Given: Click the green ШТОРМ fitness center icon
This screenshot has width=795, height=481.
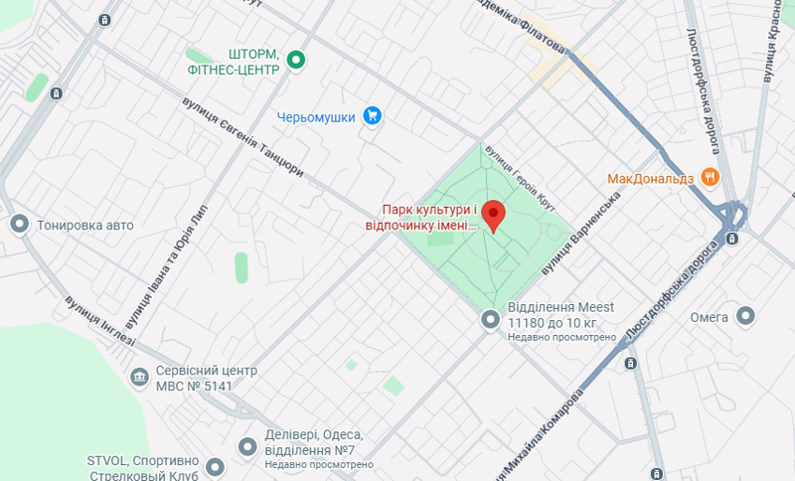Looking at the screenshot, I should coord(295,62).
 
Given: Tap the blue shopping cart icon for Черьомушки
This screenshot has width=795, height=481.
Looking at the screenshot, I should coord(373,116).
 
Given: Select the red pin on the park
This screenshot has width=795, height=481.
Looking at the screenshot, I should coord(493,215).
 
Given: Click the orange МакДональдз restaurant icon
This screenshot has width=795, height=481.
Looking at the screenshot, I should coord(710,178).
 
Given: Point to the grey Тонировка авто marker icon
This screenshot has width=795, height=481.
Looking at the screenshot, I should coord(18,225).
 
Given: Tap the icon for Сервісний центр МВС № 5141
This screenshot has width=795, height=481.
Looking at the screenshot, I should coord(139,378).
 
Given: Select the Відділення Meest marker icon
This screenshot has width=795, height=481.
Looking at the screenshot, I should coord(489,319).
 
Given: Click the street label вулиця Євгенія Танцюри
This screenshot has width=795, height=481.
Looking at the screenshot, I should coord(242,137).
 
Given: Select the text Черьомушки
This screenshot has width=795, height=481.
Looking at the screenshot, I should coord(316,117).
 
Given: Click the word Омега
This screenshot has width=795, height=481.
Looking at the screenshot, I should coord(710,318).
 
